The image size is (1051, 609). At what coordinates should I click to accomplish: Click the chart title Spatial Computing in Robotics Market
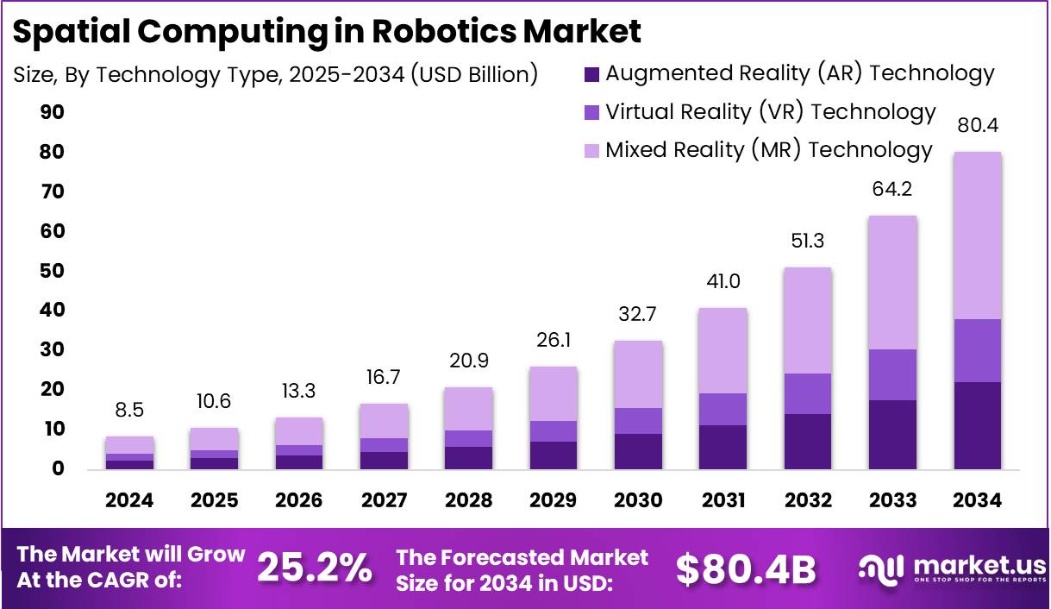pos(328,31)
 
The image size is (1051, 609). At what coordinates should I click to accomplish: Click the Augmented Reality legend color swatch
pos(591,74)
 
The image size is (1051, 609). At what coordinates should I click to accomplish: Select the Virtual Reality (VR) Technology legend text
pos(770,112)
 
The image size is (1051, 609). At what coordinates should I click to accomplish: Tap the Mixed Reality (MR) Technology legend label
pos(768,150)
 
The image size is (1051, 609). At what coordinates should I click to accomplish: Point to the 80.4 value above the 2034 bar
pos(979,127)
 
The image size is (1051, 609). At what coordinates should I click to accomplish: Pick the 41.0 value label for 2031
pos(723,282)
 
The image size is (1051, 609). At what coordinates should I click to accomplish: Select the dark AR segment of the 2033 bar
pos(893,434)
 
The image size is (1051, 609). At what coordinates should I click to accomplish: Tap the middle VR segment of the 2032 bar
pos(808,393)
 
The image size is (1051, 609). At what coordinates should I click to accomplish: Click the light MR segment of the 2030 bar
pos(638,374)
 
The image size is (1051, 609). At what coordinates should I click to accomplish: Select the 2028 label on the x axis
pos(469,501)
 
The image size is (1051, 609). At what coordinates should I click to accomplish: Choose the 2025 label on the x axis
pos(215,501)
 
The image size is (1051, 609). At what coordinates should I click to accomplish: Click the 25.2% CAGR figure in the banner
pos(315,568)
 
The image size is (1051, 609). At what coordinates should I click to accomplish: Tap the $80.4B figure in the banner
pos(745,568)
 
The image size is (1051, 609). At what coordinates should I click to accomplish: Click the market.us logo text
pos(978,565)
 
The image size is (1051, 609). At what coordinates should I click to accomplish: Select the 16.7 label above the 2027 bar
pos(384,378)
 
